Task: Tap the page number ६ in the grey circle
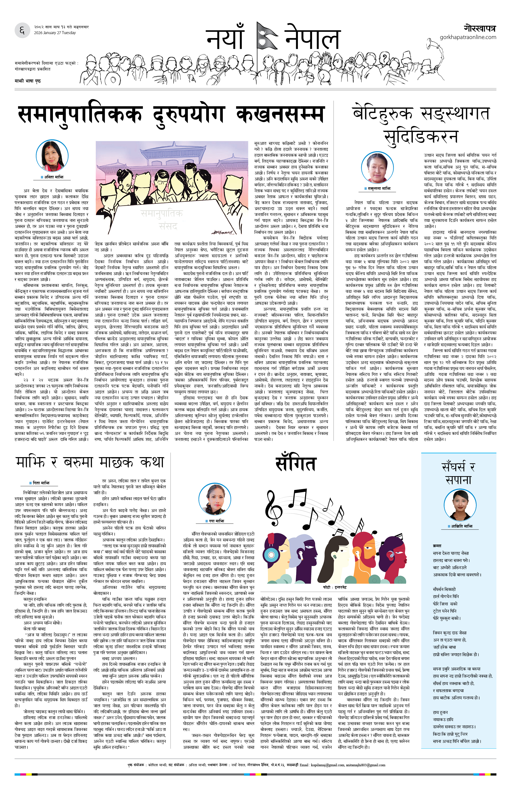tap(22, 31)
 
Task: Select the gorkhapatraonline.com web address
tap(468, 37)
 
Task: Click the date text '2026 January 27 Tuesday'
tap(55, 33)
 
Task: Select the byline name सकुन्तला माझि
tap(379, 188)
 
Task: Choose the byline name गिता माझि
tap(41, 483)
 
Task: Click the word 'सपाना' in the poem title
tap(458, 479)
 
